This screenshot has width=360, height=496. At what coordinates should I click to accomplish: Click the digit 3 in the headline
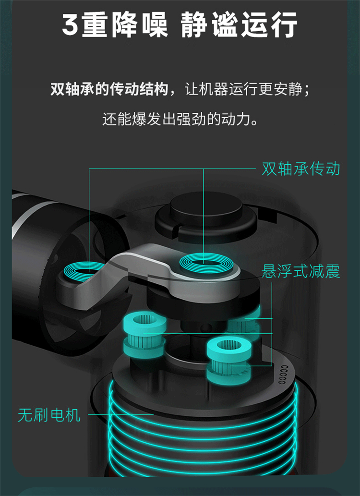tap(70, 24)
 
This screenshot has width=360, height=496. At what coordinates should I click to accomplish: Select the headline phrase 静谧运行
tap(239, 24)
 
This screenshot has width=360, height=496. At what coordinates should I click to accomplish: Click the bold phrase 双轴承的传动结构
tap(109, 89)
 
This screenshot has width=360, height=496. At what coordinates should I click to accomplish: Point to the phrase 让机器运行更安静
tap(243, 89)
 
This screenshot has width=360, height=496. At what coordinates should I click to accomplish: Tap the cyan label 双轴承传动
tap(301, 169)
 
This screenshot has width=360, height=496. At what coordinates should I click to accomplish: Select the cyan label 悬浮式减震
tap(301, 271)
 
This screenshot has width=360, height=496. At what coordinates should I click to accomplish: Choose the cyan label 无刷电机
tap(49, 415)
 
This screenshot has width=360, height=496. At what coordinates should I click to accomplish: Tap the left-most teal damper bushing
tap(144, 336)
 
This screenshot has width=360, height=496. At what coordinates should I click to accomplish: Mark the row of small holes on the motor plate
tap(283, 375)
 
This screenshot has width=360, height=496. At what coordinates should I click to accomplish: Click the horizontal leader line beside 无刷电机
tap(120, 414)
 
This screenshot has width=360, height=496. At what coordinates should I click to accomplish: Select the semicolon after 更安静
tap(306, 91)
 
